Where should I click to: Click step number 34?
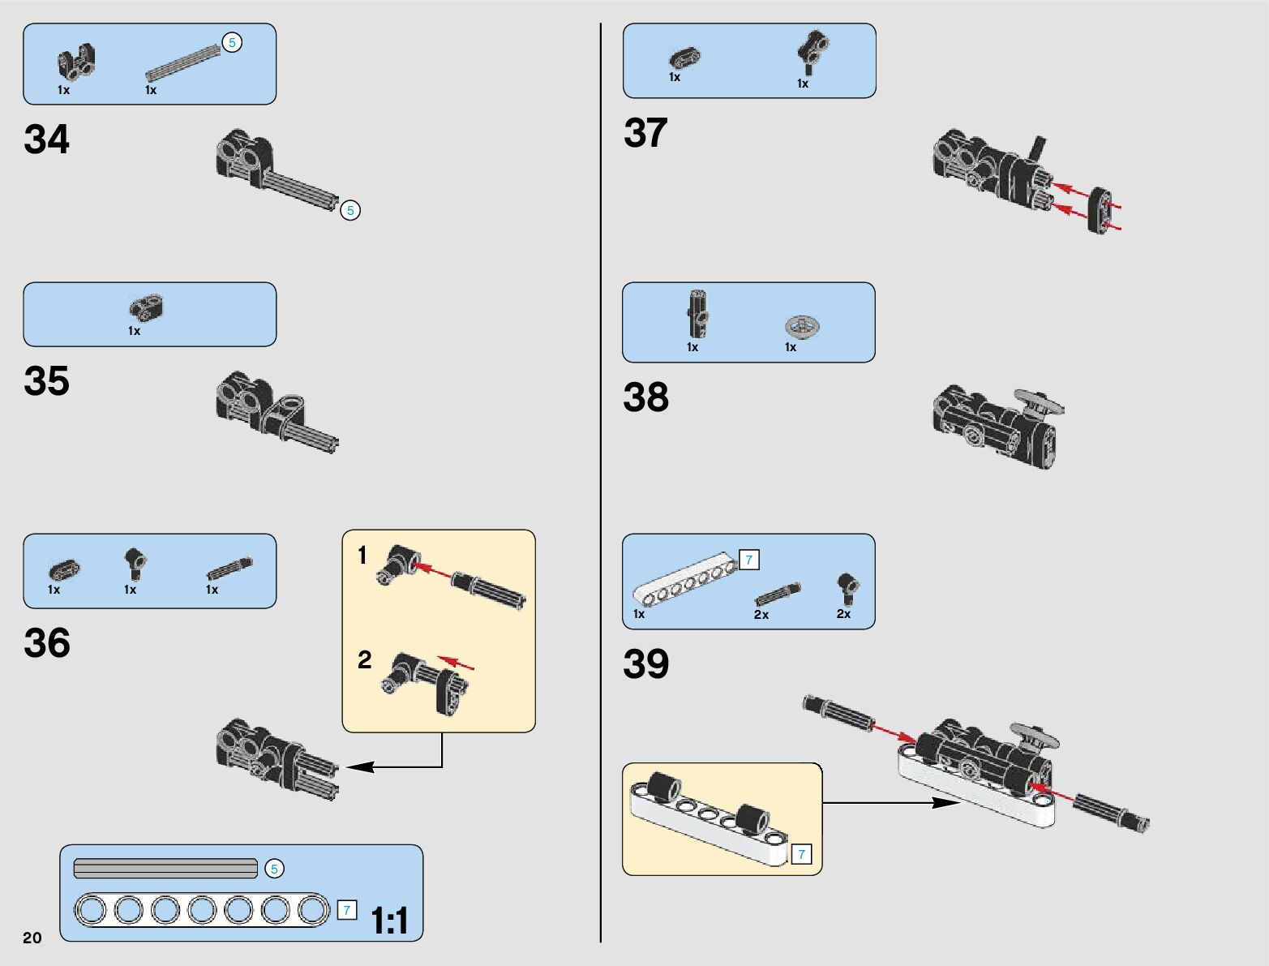tap(47, 140)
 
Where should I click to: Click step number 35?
tap(47, 381)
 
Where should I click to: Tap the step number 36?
tap(47, 643)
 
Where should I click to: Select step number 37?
tap(645, 133)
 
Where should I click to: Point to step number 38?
tap(645, 397)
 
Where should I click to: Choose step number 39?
tap(645, 663)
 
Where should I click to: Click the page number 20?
tap(32, 938)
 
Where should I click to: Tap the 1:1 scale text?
tap(389, 921)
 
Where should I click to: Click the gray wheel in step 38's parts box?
tap(802, 326)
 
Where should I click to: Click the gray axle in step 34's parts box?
tap(182, 63)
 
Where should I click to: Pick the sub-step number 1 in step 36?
tap(362, 556)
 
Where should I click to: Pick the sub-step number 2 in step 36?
tap(365, 659)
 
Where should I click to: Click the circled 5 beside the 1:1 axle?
tap(274, 869)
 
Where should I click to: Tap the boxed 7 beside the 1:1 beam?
tap(347, 910)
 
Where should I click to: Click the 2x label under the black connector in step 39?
tap(843, 614)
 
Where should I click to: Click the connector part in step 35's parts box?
tap(147, 307)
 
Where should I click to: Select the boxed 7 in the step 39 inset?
tap(801, 854)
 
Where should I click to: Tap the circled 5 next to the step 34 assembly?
tap(350, 211)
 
